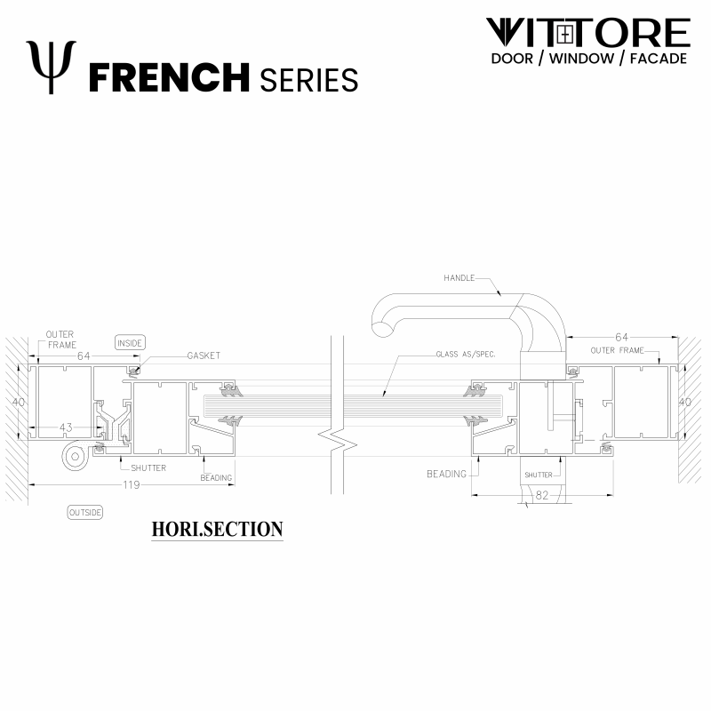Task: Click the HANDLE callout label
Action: (459, 278)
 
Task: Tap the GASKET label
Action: (204, 355)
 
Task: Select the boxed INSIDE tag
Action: (130, 343)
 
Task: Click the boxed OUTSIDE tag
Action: (85, 512)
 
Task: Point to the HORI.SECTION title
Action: (218, 530)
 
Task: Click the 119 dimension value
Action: (132, 485)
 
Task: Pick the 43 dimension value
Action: (66, 427)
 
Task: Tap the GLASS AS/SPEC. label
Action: (465, 355)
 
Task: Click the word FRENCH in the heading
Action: (169, 78)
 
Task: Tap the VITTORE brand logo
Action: (587, 33)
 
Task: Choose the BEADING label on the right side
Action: (446, 474)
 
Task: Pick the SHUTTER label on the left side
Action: (148, 467)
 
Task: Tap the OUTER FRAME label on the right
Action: (617, 350)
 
